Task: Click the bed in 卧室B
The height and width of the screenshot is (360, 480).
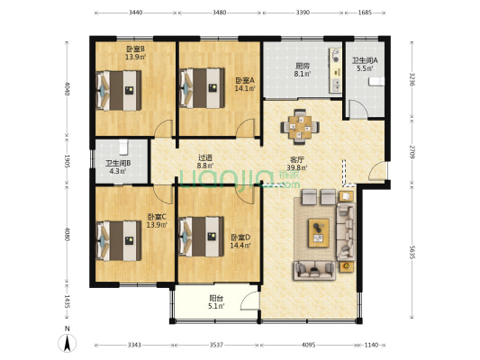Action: (121, 89)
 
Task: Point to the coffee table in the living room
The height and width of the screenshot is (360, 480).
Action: (320, 231)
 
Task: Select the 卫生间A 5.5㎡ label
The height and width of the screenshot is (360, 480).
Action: (365, 64)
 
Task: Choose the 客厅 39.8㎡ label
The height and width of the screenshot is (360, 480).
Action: (296, 162)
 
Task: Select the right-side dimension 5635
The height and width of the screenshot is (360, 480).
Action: (413, 253)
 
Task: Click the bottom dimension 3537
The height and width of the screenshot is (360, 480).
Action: (215, 345)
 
